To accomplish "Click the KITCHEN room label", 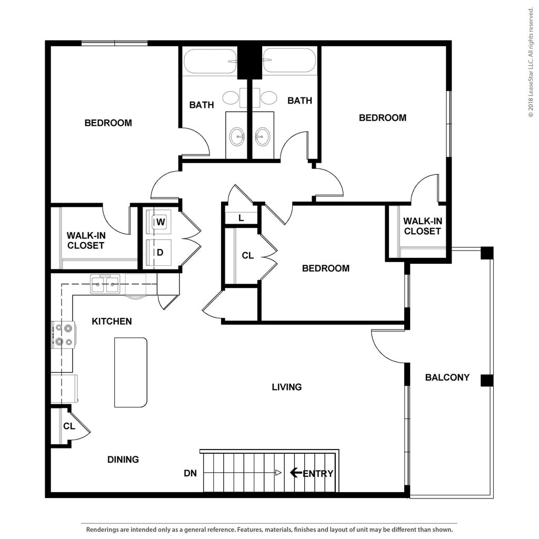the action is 112,321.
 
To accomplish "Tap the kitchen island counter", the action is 131,372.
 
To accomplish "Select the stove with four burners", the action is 64,335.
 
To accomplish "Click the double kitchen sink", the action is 105,285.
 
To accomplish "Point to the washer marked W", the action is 161,222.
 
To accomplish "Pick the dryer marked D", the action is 160,252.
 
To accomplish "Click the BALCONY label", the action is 447,377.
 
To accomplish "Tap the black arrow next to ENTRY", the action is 296,473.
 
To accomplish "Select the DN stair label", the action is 190,473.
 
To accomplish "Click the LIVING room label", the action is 287,387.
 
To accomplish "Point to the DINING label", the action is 123,460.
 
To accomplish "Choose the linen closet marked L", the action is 241,217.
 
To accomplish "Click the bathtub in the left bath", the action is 210,62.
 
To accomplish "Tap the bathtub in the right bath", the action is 289,62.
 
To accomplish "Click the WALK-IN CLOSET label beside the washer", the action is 85,241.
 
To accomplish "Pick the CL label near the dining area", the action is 69,426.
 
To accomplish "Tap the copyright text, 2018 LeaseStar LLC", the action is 531,63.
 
